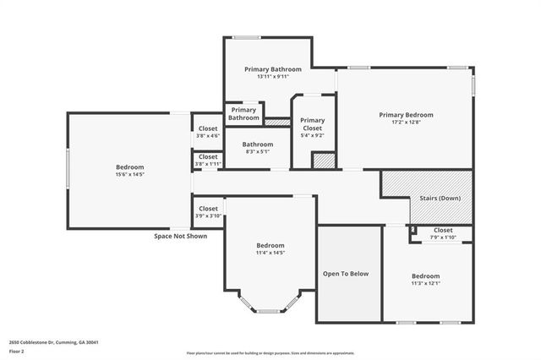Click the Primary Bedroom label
click(x=406, y=115)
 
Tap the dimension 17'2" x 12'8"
click(x=406, y=123)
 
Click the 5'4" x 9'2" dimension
click(x=312, y=135)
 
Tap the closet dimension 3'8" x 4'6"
click(x=208, y=135)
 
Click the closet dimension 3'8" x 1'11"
click(x=208, y=163)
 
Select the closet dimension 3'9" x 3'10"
click(x=208, y=216)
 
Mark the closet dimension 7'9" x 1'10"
click(x=443, y=237)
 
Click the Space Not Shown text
click(x=180, y=236)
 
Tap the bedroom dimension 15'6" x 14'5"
click(x=129, y=175)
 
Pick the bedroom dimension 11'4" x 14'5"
click(x=270, y=253)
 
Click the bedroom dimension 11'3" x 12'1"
click(x=425, y=283)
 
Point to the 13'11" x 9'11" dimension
click(x=267, y=77)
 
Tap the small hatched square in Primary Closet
click(x=324, y=160)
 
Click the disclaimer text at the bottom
click(x=270, y=353)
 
